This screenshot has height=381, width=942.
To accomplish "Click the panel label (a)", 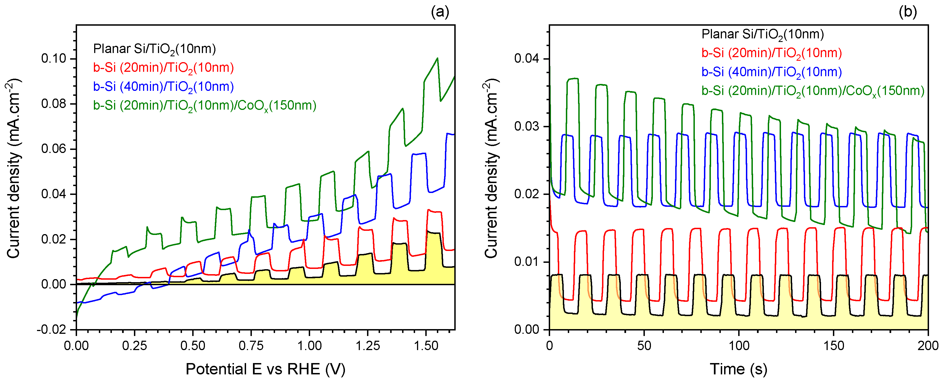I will coord(440,12).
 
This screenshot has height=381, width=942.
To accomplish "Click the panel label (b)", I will coord(908,12).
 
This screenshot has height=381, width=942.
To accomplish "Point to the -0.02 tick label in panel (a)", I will coord(52,329).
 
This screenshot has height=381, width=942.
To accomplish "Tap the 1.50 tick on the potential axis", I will coord(426,346).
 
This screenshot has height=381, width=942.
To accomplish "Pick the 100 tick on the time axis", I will coord(739,346).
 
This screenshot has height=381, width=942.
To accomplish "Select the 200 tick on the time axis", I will coord(928,346).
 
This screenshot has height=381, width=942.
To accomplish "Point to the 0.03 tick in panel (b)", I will coord(527,126).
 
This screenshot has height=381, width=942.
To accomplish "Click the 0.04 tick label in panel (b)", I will coord(527,59).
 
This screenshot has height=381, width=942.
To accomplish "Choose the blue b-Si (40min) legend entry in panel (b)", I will coord(772,72).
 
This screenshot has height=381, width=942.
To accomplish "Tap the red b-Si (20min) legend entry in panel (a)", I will coord(163,68).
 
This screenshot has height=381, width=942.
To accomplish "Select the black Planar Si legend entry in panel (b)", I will coord(762,34).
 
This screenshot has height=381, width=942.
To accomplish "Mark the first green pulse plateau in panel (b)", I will coord(573,79).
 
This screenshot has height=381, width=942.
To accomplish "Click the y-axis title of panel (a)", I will coord(14,168).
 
